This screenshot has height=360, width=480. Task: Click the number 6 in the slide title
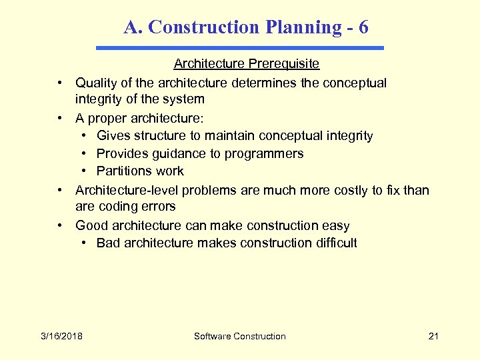tap(363, 27)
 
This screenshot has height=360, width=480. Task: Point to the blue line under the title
tap(240, 48)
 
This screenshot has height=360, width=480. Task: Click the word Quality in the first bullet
tap(96, 83)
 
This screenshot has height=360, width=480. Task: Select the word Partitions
tap(124, 171)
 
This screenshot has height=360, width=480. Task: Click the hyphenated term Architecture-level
tap(127, 190)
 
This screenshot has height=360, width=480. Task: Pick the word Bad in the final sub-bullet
tap(109, 243)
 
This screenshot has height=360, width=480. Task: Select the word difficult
tap(333, 243)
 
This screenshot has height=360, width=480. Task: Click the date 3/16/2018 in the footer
tap(61, 336)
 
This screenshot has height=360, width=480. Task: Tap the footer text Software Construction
tap(239, 336)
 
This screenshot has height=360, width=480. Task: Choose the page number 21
tap(433, 336)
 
